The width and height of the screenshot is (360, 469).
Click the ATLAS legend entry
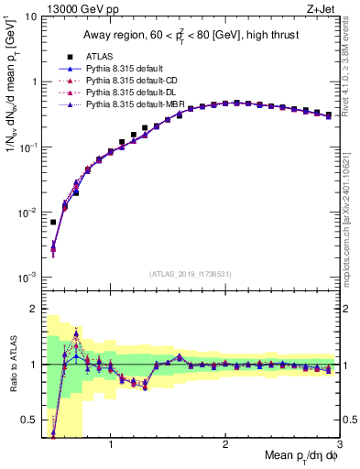[99, 57]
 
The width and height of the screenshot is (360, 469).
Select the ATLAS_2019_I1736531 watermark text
[191, 273]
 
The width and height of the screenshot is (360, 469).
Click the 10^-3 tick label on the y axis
[27, 277]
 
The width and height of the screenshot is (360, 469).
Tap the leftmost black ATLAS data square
[53, 222]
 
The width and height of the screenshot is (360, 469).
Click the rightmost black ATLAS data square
[329, 115]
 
